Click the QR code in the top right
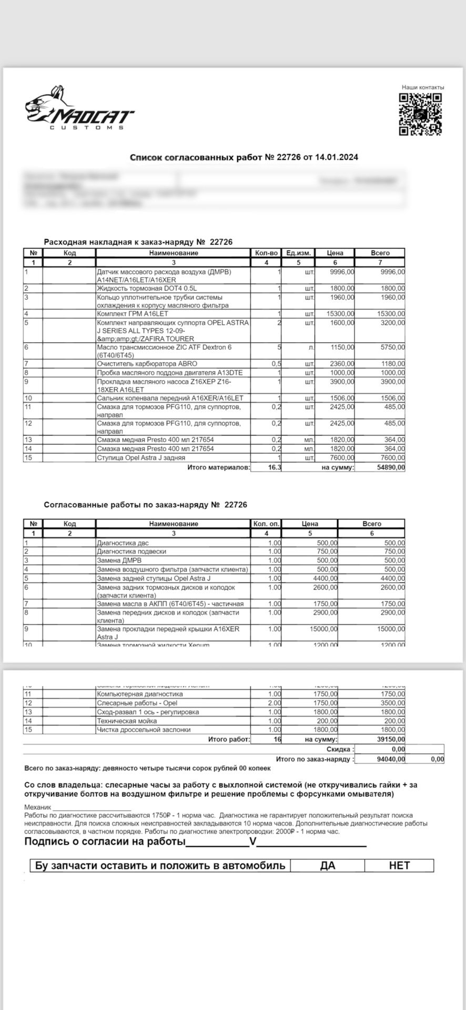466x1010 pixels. pos(420,114)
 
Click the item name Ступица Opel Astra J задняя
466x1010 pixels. pos(141,458)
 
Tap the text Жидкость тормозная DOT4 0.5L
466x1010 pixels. pos(146,288)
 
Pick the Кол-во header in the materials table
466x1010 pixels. pos(266,253)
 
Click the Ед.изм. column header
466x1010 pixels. pos(298,253)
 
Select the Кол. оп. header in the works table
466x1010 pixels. pos(267,524)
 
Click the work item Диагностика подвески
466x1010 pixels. pos(131,551)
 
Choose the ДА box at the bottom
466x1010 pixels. pos(327,865)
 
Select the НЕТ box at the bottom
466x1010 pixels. pos(399,865)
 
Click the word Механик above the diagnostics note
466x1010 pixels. pos(38,807)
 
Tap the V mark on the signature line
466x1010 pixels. pos(252,842)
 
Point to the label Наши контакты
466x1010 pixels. pos(423,87)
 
